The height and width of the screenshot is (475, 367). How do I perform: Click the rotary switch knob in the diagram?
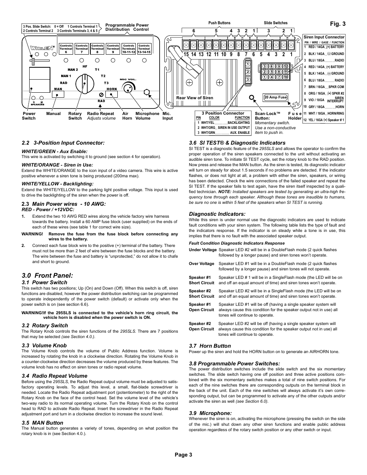click(x=83, y=83)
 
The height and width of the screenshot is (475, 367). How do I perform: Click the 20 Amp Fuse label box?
click(x=275, y=97)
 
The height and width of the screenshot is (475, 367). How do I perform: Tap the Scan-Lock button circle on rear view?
click(x=252, y=98)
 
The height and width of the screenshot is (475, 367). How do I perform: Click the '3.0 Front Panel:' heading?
click(x=47, y=275)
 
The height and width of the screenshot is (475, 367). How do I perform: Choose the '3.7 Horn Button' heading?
click(x=210, y=346)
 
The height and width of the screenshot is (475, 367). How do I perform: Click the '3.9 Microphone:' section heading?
click(x=210, y=413)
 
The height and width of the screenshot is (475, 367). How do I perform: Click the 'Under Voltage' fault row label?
click(x=202, y=250)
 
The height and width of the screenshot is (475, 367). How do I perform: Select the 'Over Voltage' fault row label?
click(x=201, y=263)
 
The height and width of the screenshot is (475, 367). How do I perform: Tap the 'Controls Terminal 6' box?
click(x=66, y=49)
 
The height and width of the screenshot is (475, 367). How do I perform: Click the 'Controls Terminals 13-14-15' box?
click(x=144, y=49)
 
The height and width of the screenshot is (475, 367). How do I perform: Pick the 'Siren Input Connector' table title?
click(x=324, y=37)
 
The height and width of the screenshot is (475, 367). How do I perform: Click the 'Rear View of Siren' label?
click(x=195, y=98)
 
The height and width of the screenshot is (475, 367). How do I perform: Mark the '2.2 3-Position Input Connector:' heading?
click(x=63, y=143)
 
